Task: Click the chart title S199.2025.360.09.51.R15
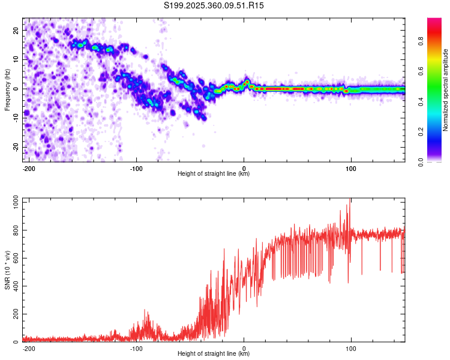click(214, 5)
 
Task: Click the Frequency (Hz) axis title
click(7, 90)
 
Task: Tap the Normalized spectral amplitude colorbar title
click(446, 90)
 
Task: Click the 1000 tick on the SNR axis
click(12, 203)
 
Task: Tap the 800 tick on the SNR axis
click(14, 230)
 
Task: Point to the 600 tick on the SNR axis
click(14, 259)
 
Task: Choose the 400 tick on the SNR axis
click(14, 286)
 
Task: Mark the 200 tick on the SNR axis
click(14, 314)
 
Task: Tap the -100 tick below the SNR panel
click(136, 349)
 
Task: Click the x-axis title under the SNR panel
click(214, 354)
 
